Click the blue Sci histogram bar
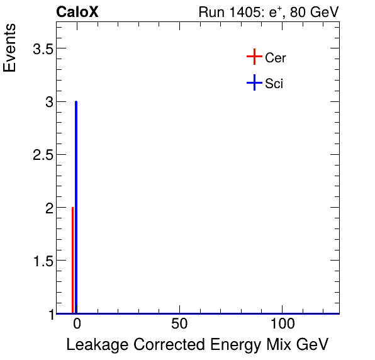tap(76, 208)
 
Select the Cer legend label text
tap(276, 58)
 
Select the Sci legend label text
tap(274, 83)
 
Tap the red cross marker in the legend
tap(254, 57)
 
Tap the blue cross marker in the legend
tap(254, 82)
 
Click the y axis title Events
tap(11, 49)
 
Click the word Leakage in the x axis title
tap(94, 345)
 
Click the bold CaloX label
tap(77, 12)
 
